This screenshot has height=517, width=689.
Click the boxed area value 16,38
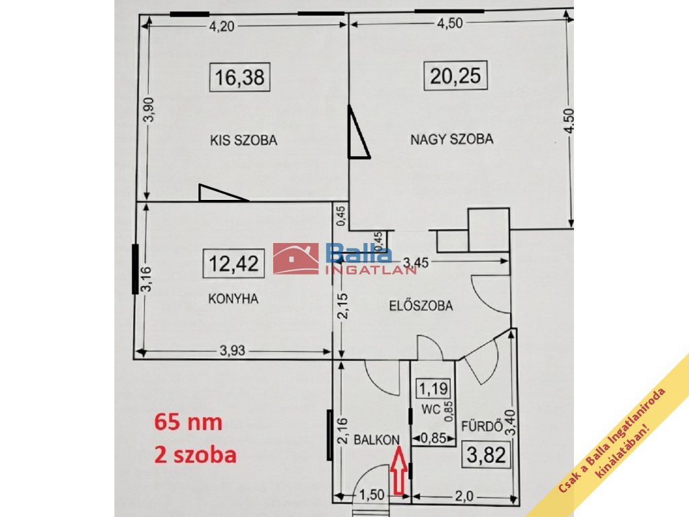click(x=240, y=77)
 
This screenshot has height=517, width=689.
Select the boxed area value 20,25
click(x=456, y=75)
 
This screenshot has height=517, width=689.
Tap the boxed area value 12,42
click(x=233, y=264)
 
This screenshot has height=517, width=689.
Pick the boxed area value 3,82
click(x=486, y=454)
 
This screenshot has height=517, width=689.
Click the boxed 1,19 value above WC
click(x=433, y=388)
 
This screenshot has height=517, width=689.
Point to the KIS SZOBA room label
click(x=244, y=140)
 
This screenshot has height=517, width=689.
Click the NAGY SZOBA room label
click(x=451, y=139)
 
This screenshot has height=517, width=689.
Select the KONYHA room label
click(x=233, y=299)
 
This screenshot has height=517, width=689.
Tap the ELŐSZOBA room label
click(x=421, y=305)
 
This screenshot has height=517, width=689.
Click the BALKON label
click(x=377, y=440)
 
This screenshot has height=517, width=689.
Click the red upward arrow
click(x=399, y=470)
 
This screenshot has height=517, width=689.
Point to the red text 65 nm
click(x=188, y=421)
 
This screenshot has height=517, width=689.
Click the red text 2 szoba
click(x=195, y=454)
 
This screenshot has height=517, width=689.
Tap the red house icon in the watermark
click(x=296, y=258)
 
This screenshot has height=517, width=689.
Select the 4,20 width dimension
click(x=221, y=26)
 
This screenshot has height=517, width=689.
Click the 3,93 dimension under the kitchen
click(x=232, y=351)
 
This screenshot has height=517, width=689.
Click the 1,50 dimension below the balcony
click(x=371, y=495)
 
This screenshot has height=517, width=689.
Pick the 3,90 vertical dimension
click(x=149, y=110)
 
